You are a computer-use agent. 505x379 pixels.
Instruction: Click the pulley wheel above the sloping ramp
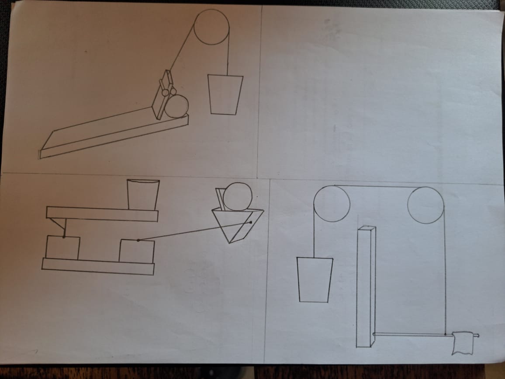click(x=211, y=27)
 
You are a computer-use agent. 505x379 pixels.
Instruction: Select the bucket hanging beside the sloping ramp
click(x=225, y=94)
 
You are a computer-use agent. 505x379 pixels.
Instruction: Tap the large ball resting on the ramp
click(x=176, y=107)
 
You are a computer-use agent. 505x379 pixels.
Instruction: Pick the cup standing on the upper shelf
click(x=142, y=195)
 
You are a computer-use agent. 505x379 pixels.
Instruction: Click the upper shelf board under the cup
click(x=102, y=214)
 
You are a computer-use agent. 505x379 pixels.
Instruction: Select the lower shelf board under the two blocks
click(x=98, y=266)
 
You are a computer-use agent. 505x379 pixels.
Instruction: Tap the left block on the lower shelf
click(x=62, y=248)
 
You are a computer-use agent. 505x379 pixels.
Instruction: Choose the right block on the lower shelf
click(x=137, y=251)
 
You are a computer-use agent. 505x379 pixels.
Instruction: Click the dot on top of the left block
click(x=64, y=237)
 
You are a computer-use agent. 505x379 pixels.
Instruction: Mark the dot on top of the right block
click(x=138, y=240)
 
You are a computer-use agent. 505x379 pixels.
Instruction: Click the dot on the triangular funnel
click(x=251, y=222)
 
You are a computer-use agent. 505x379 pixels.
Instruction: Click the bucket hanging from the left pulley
click(x=315, y=280)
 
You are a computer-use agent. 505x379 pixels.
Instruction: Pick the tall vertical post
click(x=366, y=286)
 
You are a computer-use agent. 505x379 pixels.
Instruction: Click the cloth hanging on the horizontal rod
click(x=463, y=343)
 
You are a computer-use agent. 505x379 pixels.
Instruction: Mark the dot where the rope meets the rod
click(x=445, y=334)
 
